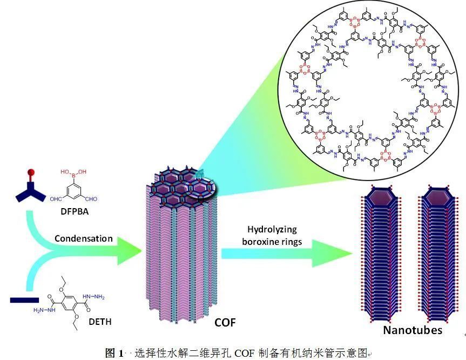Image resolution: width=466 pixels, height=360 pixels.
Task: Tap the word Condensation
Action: tap(83, 238)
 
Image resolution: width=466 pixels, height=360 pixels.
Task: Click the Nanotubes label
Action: tap(413, 330)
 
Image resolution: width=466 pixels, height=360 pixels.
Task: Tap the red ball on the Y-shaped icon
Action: tap(31, 174)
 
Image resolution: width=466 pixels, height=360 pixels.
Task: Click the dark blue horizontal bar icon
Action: tap(24, 299)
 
